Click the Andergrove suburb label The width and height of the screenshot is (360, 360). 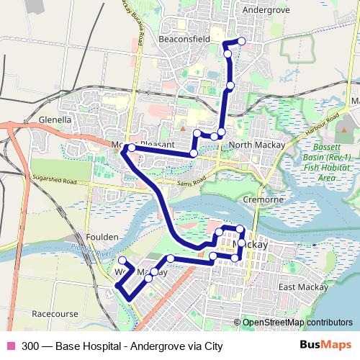tap(266, 11)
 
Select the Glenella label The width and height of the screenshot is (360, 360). tap(55, 120)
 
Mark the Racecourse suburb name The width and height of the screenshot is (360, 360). tap(55, 314)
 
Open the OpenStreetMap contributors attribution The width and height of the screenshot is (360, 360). tap(297, 322)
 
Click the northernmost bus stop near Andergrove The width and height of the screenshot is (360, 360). tap(241, 41)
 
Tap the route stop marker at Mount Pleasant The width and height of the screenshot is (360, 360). tap(130, 148)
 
